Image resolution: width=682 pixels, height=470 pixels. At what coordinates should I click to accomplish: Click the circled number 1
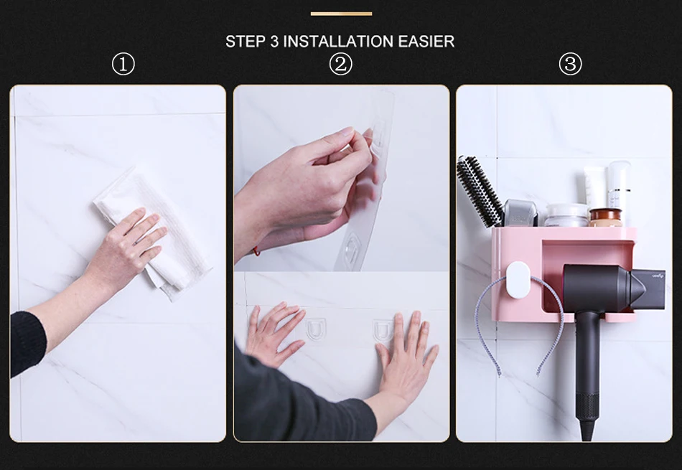pos(123,65)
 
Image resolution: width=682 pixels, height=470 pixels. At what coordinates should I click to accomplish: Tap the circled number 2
pos(340,65)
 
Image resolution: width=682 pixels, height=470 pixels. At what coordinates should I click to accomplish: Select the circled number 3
pos(570,65)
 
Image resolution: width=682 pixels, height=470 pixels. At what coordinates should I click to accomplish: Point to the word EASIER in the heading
pos(426,42)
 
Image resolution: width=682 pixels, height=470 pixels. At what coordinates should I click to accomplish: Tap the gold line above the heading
pos(341,14)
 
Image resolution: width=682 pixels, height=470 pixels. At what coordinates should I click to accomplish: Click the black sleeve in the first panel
pos(27,344)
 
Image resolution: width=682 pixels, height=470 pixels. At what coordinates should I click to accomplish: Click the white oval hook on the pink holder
pos(518,280)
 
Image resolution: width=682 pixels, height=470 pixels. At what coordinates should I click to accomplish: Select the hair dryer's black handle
pos(587,374)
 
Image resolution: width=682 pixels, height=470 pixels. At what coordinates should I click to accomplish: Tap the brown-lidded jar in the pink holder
pos(606,217)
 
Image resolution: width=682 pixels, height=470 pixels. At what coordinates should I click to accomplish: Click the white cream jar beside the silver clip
pos(566,215)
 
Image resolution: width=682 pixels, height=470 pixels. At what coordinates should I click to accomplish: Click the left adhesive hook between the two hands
pos(315,328)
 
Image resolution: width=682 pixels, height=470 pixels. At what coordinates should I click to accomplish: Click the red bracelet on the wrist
pos(256,251)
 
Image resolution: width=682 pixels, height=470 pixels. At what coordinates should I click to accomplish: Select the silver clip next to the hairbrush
pos(520,213)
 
